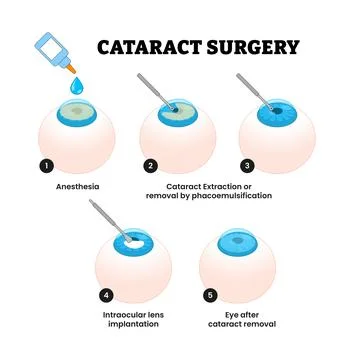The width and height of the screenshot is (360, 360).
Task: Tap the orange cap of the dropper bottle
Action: coord(71,65)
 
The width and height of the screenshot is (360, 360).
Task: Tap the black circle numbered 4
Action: coord(106,295)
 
